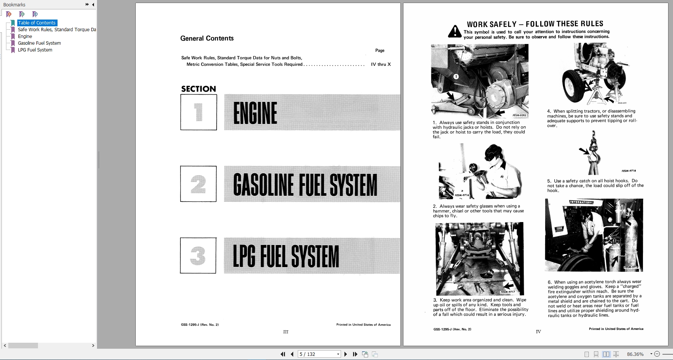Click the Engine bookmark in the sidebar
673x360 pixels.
[25, 36]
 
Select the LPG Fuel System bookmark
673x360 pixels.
[35, 50]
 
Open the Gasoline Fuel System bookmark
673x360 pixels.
[39, 43]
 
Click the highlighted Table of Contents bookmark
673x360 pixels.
[37, 23]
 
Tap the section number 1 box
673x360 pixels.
[199, 112]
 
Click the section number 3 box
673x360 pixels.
[198, 256]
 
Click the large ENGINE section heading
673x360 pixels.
[255, 113]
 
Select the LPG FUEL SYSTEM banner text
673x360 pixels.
[286, 256]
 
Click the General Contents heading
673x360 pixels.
[207, 38]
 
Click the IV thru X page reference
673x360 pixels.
[380, 65]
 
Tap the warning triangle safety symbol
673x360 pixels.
[455, 32]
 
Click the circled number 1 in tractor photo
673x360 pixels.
[456, 77]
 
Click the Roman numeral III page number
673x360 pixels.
[286, 332]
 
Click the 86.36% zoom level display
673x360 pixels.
[635, 354]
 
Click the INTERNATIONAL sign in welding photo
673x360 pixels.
[581, 202]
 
